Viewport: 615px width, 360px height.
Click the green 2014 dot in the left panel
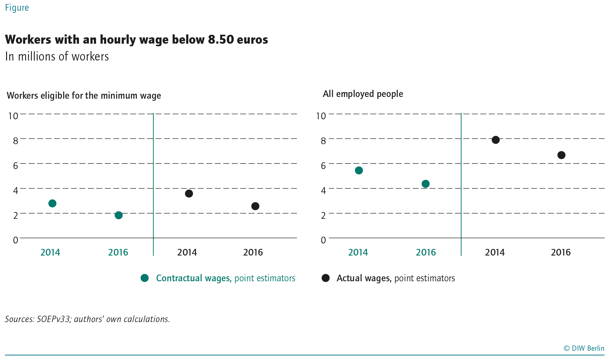coord(52,203)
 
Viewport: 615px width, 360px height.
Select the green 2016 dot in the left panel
coord(119,215)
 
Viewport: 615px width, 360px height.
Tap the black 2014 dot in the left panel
coord(189,194)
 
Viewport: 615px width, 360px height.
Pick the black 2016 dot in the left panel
coord(255,206)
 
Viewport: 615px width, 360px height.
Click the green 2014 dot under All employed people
coord(359,170)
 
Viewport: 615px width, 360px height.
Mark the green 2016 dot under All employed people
coord(426,184)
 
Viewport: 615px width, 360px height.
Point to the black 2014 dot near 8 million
coord(496,140)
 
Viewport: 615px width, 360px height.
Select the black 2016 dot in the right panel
coord(561,155)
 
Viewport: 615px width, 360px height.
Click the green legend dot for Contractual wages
coord(145,278)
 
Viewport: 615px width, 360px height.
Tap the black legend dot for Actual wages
coord(326,278)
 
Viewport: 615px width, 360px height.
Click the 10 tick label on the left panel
coord(13,116)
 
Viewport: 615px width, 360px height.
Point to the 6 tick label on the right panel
coord(323,166)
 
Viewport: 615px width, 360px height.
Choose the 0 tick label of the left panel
coord(16,240)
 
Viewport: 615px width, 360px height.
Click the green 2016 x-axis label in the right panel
coord(426,252)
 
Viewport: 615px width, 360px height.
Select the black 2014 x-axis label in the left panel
coord(187,252)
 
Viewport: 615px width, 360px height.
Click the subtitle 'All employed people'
coord(363,94)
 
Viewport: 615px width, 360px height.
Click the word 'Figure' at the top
coord(17,8)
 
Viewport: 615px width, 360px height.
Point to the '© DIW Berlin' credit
coord(584,348)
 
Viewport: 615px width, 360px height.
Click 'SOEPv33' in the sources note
coord(54,319)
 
